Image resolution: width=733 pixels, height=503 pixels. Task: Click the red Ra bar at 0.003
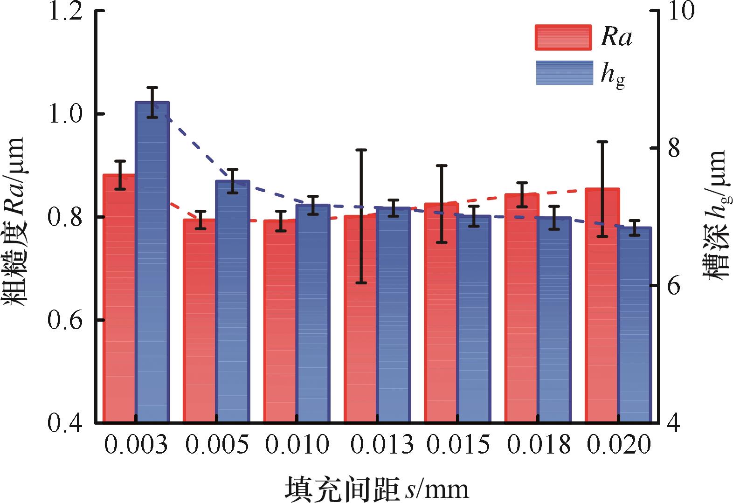click(119, 298)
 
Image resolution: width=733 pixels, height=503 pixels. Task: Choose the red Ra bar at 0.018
click(521, 308)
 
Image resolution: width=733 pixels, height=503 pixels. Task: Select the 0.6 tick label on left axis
click(68, 320)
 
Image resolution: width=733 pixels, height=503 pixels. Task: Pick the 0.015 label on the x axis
click(458, 445)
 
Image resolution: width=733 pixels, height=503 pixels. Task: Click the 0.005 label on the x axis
click(216, 445)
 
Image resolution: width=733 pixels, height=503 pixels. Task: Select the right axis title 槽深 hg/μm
click(715, 214)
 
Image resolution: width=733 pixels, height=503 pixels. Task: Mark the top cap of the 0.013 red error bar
click(361, 150)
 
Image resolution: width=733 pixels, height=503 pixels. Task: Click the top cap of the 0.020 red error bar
click(602, 141)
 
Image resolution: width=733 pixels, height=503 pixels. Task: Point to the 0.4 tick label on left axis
click(68, 422)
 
